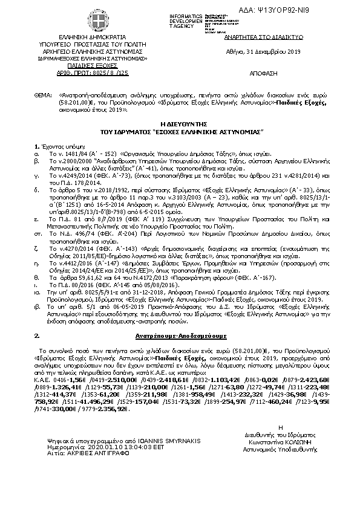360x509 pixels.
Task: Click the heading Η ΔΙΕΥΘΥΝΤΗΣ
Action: click(180, 123)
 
